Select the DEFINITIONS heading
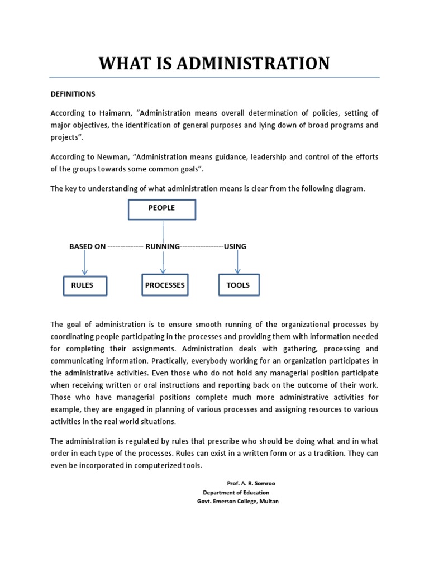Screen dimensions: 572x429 (x=73, y=94)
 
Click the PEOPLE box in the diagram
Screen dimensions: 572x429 (x=162, y=209)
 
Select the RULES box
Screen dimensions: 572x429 (x=84, y=285)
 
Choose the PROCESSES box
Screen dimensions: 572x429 (x=164, y=285)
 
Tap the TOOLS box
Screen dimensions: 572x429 (x=239, y=285)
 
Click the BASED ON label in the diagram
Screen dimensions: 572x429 (x=87, y=246)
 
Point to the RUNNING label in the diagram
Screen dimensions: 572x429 (x=163, y=246)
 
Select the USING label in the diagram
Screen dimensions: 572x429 (x=235, y=246)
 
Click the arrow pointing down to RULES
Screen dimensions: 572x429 (x=85, y=261)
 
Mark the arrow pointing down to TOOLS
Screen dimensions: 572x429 (x=239, y=261)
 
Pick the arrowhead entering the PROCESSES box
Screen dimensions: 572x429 (x=163, y=271)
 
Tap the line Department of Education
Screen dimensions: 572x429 (x=236, y=493)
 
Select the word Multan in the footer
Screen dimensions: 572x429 (x=267, y=502)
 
